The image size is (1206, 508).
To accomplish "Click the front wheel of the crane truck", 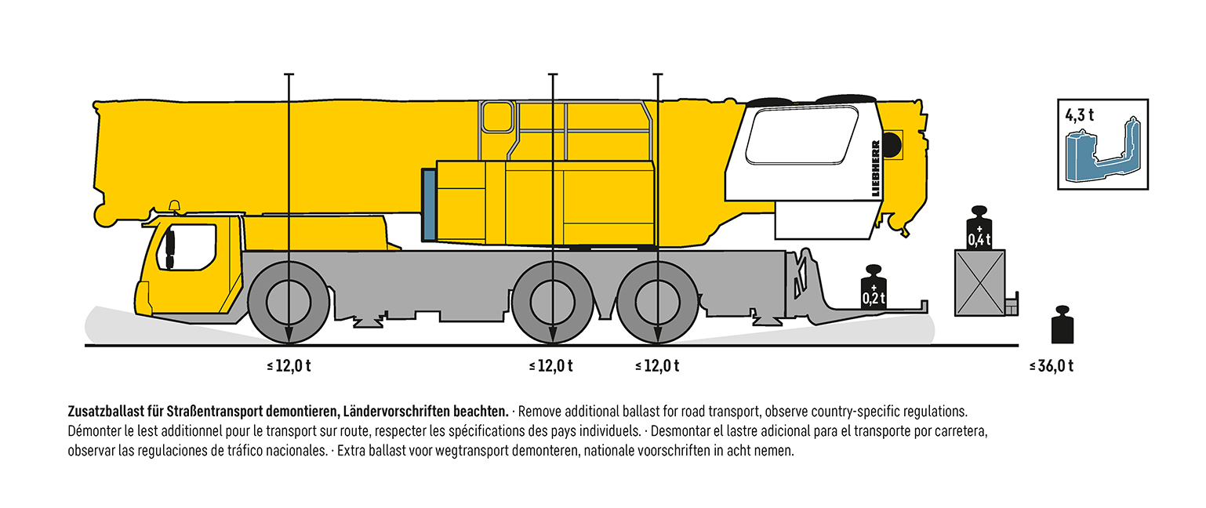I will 289,302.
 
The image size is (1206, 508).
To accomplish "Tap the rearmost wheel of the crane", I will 657,302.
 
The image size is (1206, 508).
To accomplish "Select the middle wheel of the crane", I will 552,302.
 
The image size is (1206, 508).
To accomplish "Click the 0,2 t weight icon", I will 874,290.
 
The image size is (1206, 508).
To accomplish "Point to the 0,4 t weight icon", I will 979,230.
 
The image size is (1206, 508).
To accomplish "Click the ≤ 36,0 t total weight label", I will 1051,365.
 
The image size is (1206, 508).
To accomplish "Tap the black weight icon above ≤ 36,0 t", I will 1062,325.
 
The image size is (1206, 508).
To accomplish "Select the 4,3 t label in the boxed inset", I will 1079,114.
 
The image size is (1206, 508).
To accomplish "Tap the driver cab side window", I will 191,247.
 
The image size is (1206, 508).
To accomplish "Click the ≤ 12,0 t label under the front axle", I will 289,365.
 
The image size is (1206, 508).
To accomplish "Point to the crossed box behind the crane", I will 979,283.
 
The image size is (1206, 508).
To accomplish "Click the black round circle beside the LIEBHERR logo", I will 892,143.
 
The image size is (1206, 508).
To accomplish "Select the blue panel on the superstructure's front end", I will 428,205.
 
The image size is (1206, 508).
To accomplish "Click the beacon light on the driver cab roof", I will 173,207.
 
